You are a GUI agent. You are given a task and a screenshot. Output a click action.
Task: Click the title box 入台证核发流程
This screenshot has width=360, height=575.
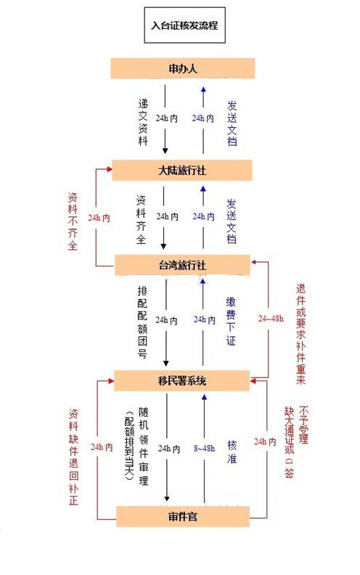[x=184, y=25]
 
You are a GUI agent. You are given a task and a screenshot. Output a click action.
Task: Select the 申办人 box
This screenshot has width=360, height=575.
[x=183, y=68]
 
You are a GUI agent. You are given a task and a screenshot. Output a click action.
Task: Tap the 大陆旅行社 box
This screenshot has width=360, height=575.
[x=182, y=170]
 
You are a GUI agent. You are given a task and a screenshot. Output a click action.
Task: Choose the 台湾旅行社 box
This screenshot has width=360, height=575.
[x=182, y=265]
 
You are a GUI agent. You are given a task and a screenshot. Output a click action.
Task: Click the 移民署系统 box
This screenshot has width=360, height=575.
[x=182, y=380]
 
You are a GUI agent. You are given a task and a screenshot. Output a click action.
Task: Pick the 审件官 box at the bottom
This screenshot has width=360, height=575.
[x=183, y=516]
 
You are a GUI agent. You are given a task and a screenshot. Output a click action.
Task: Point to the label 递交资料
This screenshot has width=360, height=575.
[x=143, y=122]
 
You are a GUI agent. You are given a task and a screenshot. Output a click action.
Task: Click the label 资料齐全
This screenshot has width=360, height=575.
[x=141, y=220]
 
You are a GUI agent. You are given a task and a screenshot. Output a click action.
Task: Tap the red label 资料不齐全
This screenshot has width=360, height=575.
[x=73, y=221]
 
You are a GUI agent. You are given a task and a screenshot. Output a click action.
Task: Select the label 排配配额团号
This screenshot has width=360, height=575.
[x=142, y=322]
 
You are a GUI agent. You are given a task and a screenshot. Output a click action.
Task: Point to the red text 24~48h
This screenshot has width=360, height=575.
[x=271, y=318]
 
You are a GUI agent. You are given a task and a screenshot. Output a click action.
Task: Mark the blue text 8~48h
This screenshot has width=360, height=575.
[x=204, y=448]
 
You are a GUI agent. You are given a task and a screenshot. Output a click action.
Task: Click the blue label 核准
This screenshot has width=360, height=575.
[x=232, y=452]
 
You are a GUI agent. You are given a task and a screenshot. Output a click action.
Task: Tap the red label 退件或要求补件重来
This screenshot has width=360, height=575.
[x=300, y=334]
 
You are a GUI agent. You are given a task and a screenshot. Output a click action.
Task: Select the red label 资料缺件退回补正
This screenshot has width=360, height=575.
[x=74, y=457]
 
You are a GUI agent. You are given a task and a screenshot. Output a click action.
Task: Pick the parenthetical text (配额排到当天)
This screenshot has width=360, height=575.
[x=129, y=446]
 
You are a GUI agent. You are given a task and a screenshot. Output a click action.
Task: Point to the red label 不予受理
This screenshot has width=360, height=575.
[x=303, y=424]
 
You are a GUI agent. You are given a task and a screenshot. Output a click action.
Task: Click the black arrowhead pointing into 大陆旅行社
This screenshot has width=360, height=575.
[x=165, y=151]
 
